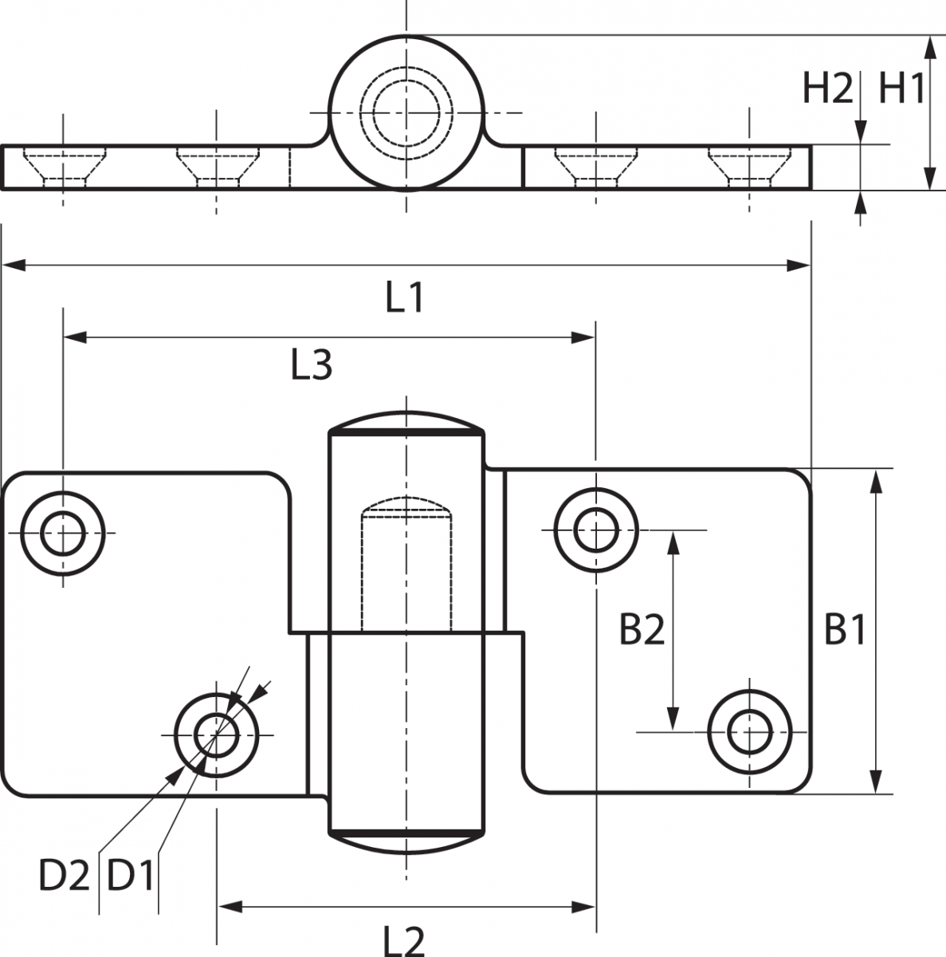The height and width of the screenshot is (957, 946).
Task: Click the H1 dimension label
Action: pyautogui.click(x=901, y=89)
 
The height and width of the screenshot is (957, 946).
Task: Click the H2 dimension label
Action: pyautogui.click(x=827, y=89)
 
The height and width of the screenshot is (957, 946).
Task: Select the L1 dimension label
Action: pyautogui.click(x=405, y=297)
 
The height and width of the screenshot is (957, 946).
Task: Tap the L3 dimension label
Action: pyautogui.click(x=311, y=365)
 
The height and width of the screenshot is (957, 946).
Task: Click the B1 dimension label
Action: pyautogui.click(x=845, y=629)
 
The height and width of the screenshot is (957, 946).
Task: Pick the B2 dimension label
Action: pyautogui.click(x=642, y=629)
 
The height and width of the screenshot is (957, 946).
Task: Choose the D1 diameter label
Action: pyautogui.click(x=130, y=875)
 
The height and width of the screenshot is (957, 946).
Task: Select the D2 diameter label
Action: pyautogui.click(x=64, y=875)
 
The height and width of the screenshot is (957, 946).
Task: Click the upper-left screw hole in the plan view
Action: pyautogui.click(x=62, y=534)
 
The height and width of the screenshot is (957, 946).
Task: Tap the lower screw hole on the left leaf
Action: pyautogui.click(x=216, y=735)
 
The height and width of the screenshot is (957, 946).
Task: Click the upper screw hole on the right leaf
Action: pyautogui.click(x=596, y=530)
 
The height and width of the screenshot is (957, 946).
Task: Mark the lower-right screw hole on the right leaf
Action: pyautogui.click(x=749, y=732)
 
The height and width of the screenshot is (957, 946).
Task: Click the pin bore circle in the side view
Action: pyautogui.click(x=406, y=112)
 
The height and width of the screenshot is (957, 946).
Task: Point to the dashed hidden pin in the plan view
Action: pyautogui.click(x=406, y=564)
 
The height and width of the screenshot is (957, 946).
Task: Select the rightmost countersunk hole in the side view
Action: pyautogui.click(x=749, y=167)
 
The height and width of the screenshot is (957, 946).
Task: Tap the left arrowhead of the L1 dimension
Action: pyautogui.click(x=14, y=266)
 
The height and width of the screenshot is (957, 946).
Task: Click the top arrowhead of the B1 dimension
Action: pyautogui.click(x=876, y=481)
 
